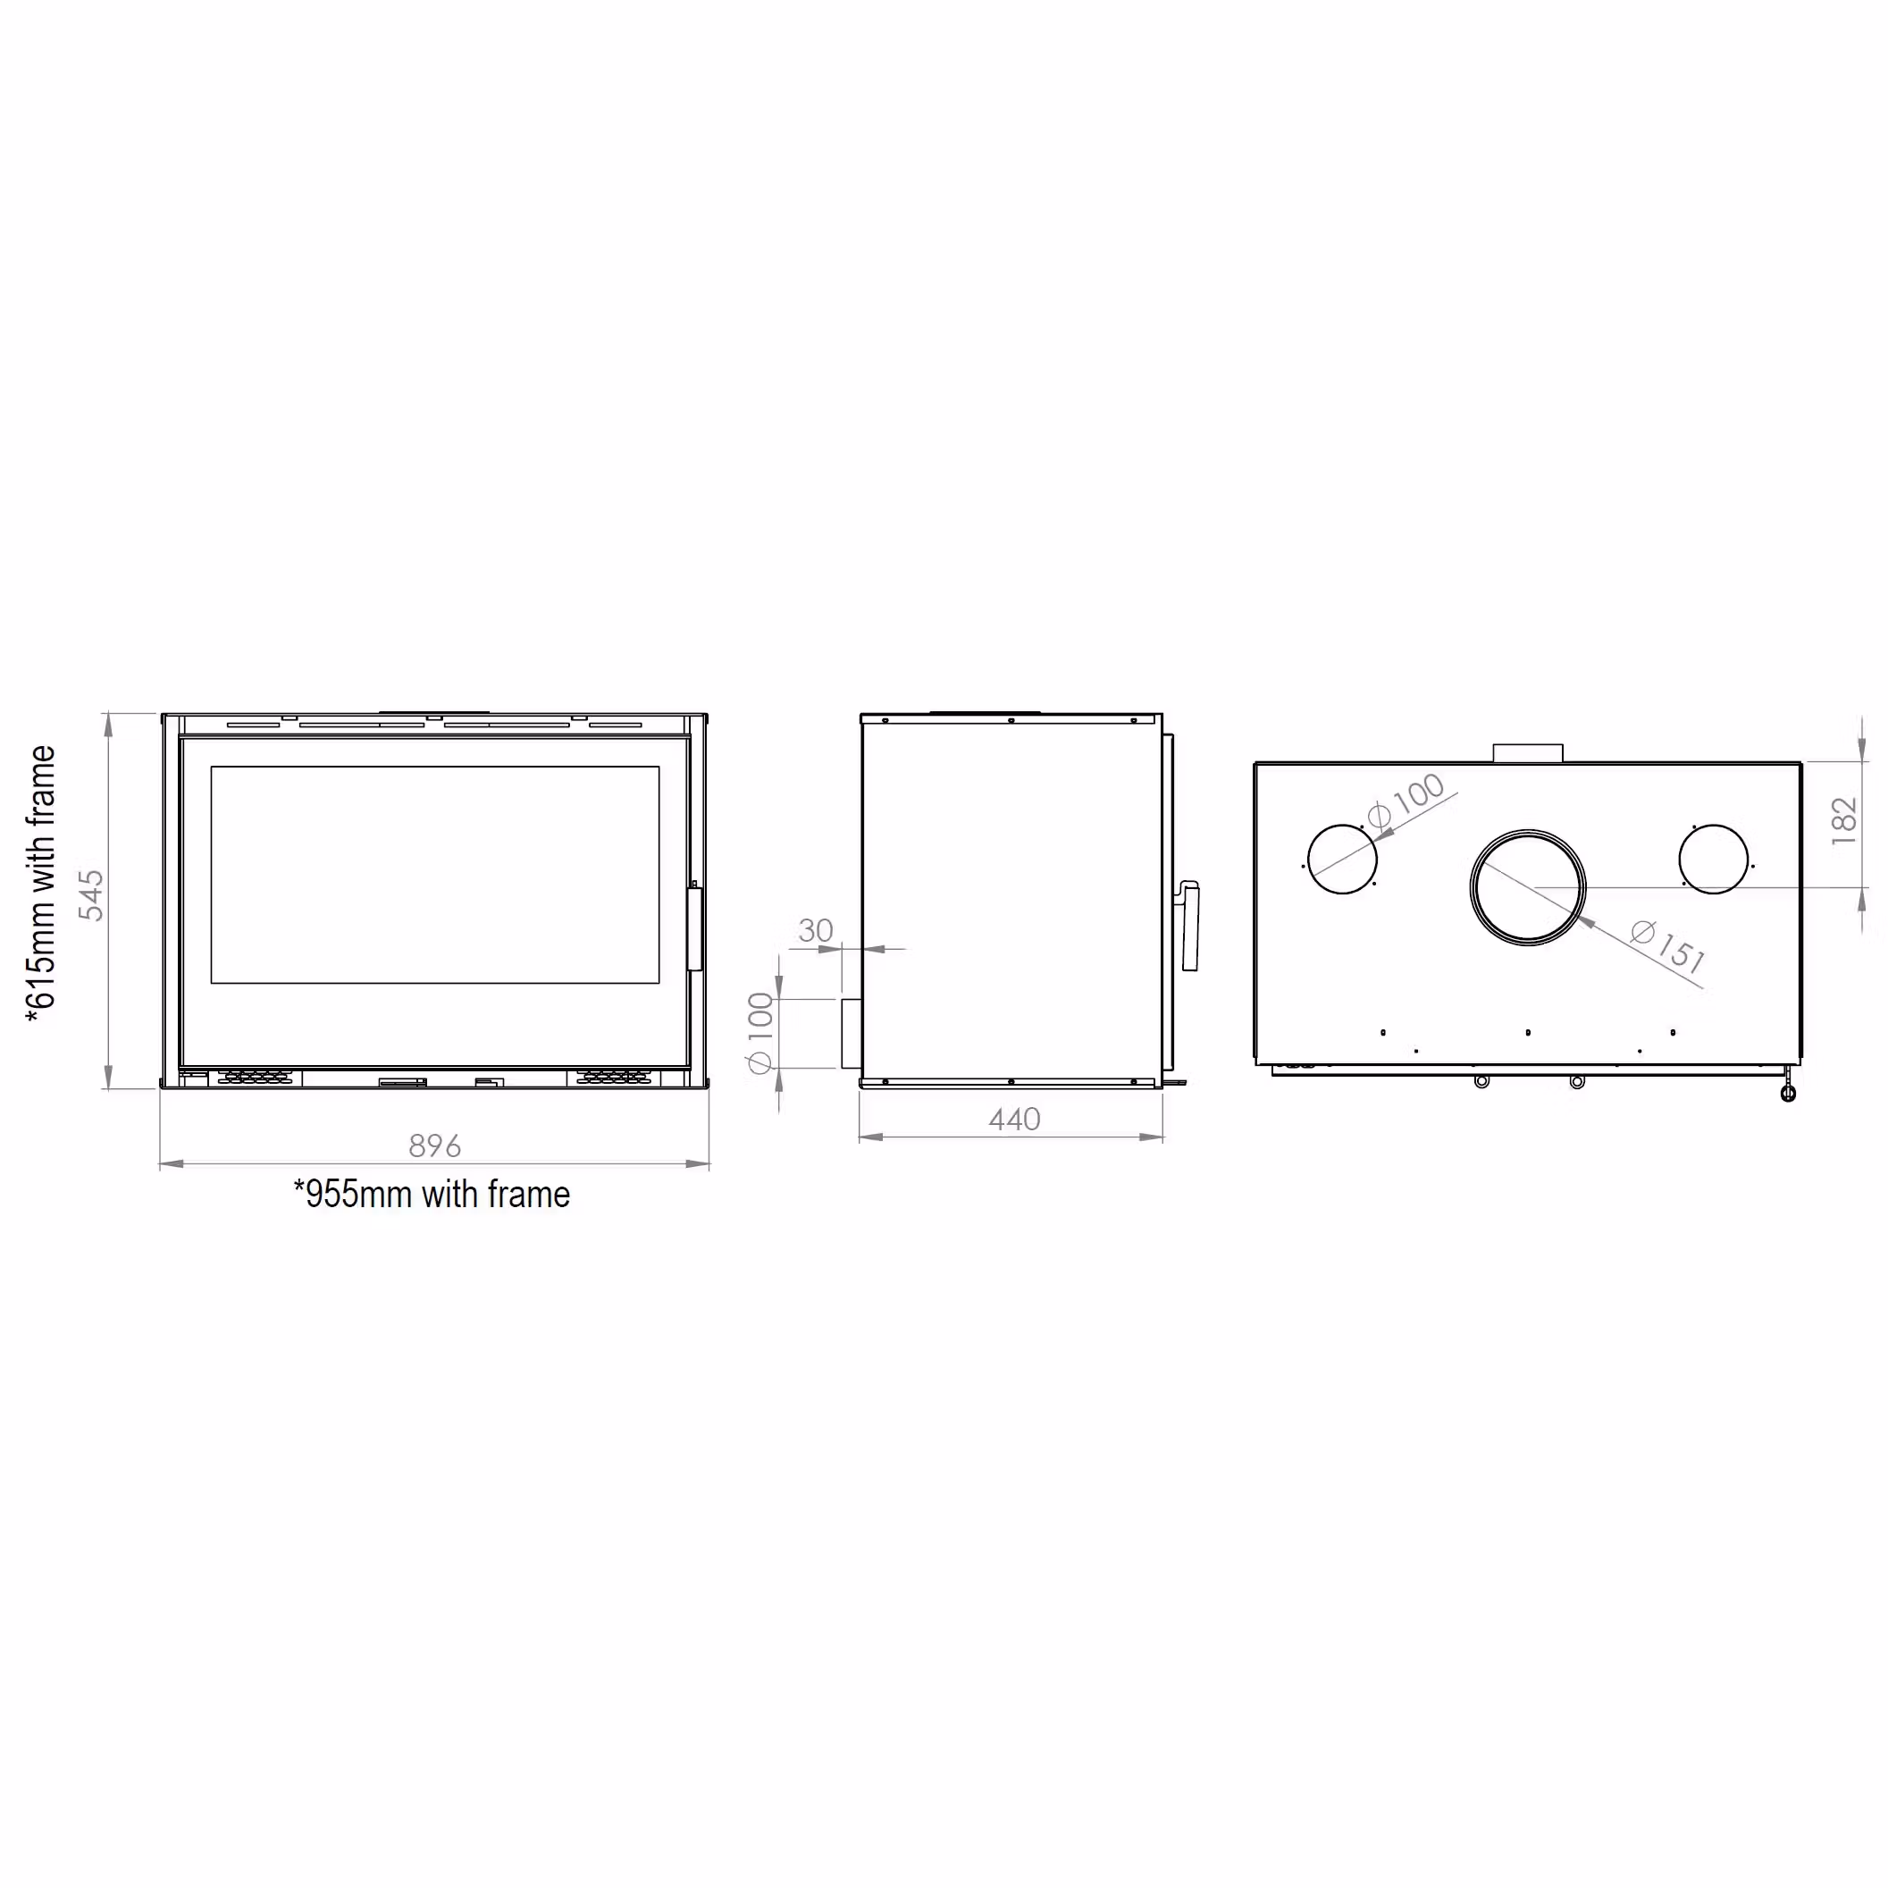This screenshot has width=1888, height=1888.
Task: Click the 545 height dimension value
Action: coord(91,895)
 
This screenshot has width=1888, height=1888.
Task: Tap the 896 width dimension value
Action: coord(435,1145)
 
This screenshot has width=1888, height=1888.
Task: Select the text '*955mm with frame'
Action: coord(432,1194)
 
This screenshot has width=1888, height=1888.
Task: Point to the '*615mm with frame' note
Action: coord(41,885)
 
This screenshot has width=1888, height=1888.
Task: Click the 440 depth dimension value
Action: coord(1014,1119)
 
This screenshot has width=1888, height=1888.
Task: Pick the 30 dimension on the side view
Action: coord(816,930)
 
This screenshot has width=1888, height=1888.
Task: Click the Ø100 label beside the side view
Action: coord(760,1033)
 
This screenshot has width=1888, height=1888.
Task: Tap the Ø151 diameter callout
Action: coord(1669,947)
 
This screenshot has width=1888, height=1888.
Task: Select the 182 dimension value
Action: coord(1844,821)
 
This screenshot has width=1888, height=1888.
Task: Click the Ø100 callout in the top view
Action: coord(1407,802)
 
